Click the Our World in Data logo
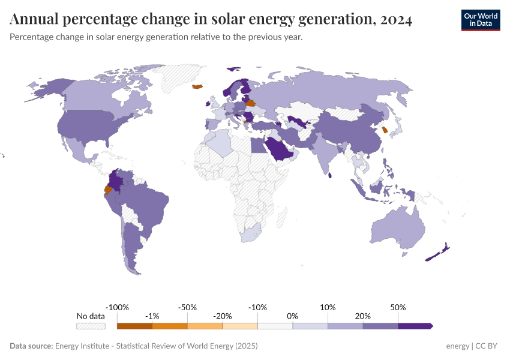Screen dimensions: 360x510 click(480, 20)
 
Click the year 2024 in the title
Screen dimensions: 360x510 click(395, 20)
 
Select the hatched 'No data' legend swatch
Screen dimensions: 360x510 click(91, 326)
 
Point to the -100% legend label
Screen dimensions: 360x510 click(117, 307)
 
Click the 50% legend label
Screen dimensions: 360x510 click(398, 307)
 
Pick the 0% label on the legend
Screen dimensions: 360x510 click(293, 316)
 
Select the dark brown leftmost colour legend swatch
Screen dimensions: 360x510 click(134, 326)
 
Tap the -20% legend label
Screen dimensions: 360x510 click(223, 316)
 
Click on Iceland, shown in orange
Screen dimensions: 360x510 click(197, 87)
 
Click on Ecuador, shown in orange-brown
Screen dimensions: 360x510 click(108, 190)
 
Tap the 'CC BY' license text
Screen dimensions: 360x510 click(488, 346)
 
